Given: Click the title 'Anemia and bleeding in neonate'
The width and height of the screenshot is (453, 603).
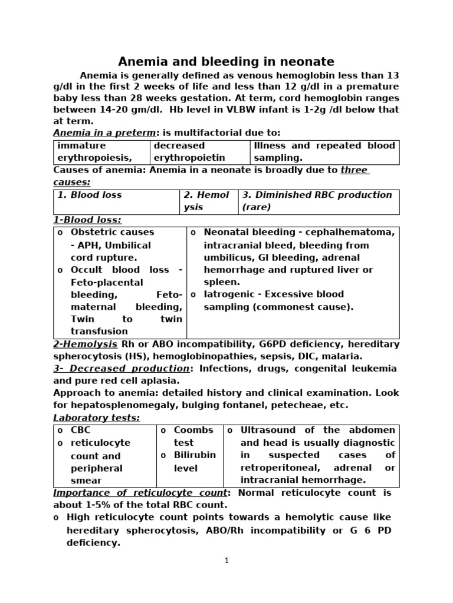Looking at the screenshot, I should [226, 61].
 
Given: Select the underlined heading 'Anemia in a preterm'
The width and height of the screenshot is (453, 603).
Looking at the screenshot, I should [104, 133].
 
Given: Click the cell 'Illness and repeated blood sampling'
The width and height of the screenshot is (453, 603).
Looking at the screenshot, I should [324, 151].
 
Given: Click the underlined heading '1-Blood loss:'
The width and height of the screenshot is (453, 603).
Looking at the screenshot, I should [87, 220].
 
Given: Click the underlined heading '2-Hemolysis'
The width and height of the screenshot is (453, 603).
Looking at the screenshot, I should [85, 344].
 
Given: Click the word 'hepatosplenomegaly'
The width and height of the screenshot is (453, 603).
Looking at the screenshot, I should [118, 405].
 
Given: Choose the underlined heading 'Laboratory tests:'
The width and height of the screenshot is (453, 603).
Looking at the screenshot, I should [97, 418].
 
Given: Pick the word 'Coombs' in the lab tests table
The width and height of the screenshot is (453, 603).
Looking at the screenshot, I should [193, 430].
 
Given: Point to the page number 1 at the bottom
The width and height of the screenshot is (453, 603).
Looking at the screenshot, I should [226, 561].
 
